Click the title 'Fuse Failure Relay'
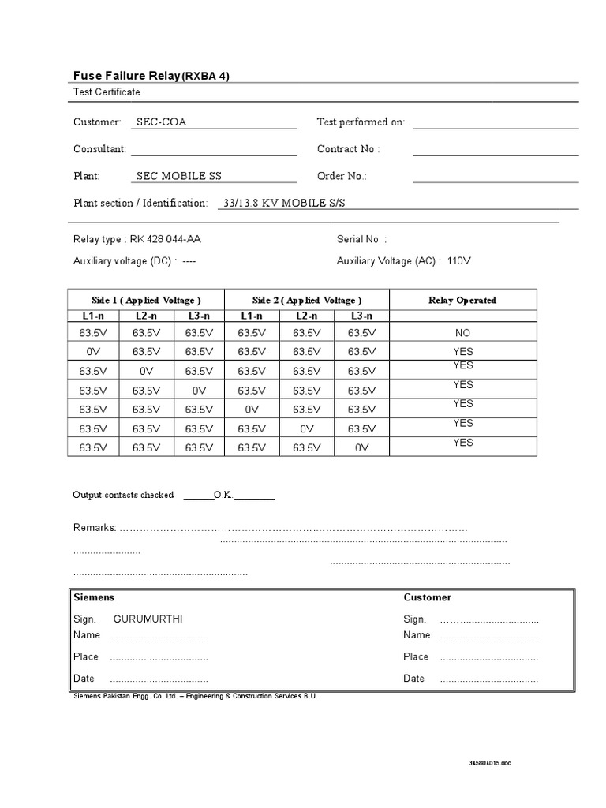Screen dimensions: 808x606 pyautogui.click(x=126, y=76)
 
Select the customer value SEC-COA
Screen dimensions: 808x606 pyautogui.click(x=162, y=122)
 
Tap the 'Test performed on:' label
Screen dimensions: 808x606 pyautogui.click(x=361, y=122)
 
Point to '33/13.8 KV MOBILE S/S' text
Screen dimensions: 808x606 pyautogui.click(x=284, y=203)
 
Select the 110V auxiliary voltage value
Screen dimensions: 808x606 pyautogui.click(x=459, y=260)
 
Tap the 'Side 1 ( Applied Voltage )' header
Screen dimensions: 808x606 pyautogui.click(x=146, y=300)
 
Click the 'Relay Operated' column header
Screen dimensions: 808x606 pyautogui.click(x=462, y=300)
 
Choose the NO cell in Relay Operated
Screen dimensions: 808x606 pyautogui.click(x=462, y=333)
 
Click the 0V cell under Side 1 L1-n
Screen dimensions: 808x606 pyautogui.click(x=93, y=352)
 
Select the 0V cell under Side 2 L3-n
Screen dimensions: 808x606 pyautogui.click(x=361, y=447)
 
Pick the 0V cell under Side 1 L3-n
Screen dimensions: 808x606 pyautogui.click(x=198, y=390)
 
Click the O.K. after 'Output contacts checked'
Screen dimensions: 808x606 pyautogui.click(x=223, y=496)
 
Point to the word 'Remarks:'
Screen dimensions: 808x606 pyautogui.click(x=95, y=527)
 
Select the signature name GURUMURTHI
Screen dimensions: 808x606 pyautogui.click(x=142, y=619)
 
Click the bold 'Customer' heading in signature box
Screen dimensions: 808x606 pyautogui.click(x=427, y=597)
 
